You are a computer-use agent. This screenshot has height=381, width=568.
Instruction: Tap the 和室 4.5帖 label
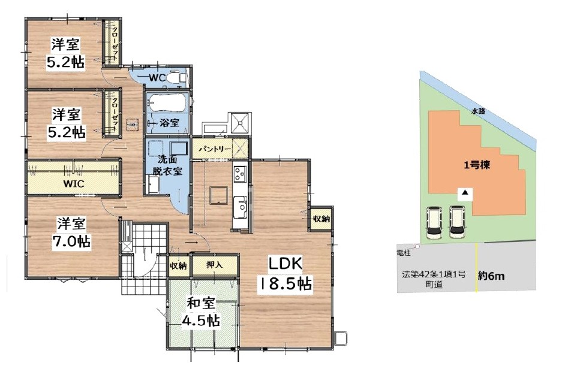[x=201, y=312]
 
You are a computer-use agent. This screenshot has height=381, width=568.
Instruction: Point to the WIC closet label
[x=74, y=184]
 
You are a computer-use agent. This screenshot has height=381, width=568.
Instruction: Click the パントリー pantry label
[x=215, y=149]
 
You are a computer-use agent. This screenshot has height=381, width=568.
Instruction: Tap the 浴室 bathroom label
[x=169, y=123]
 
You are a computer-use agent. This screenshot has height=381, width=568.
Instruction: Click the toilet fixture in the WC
[x=178, y=77]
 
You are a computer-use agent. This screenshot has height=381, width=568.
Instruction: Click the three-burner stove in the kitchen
[x=240, y=173]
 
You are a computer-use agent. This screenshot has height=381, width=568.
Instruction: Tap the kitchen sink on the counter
[x=240, y=207]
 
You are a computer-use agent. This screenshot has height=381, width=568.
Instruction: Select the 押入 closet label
[x=215, y=265]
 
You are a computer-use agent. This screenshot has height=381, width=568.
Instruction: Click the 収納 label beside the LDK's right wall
[x=321, y=219]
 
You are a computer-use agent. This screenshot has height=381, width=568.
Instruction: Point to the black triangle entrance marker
[x=465, y=193]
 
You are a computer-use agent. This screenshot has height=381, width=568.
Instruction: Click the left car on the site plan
[x=434, y=222]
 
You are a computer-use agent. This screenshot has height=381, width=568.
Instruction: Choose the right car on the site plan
[x=457, y=222]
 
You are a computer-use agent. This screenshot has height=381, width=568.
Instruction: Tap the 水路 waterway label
[x=478, y=111]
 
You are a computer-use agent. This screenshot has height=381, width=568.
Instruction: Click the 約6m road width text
[x=491, y=276]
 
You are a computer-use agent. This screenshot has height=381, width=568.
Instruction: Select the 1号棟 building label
[x=477, y=165]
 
